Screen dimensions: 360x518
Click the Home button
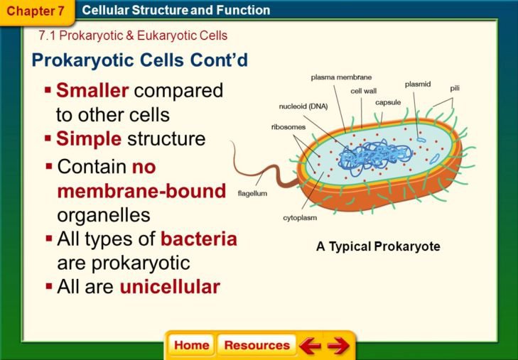[x=192, y=346]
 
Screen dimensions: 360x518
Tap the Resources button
[x=257, y=346]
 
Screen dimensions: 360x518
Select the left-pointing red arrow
[x=310, y=347]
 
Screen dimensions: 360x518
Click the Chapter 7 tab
[x=31, y=11]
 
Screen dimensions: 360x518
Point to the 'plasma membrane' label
[x=341, y=77]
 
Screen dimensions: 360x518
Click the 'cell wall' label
[x=363, y=91]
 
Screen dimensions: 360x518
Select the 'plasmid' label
[x=418, y=84]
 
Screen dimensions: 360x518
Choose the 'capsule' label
[x=388, y=102]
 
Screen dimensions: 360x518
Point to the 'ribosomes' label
[x=288, y=127]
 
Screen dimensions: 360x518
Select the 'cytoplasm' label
[x=300, y=217]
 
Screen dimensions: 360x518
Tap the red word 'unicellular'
[x=170, y=287]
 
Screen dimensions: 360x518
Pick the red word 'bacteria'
[x=198, y=239]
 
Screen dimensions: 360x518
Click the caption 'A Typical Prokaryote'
[x=378, y=247]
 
